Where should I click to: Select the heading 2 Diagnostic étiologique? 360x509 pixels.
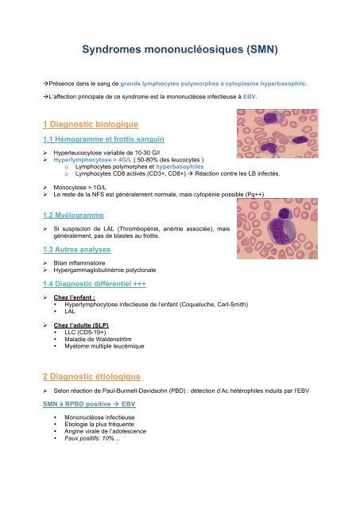pos(91,376)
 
